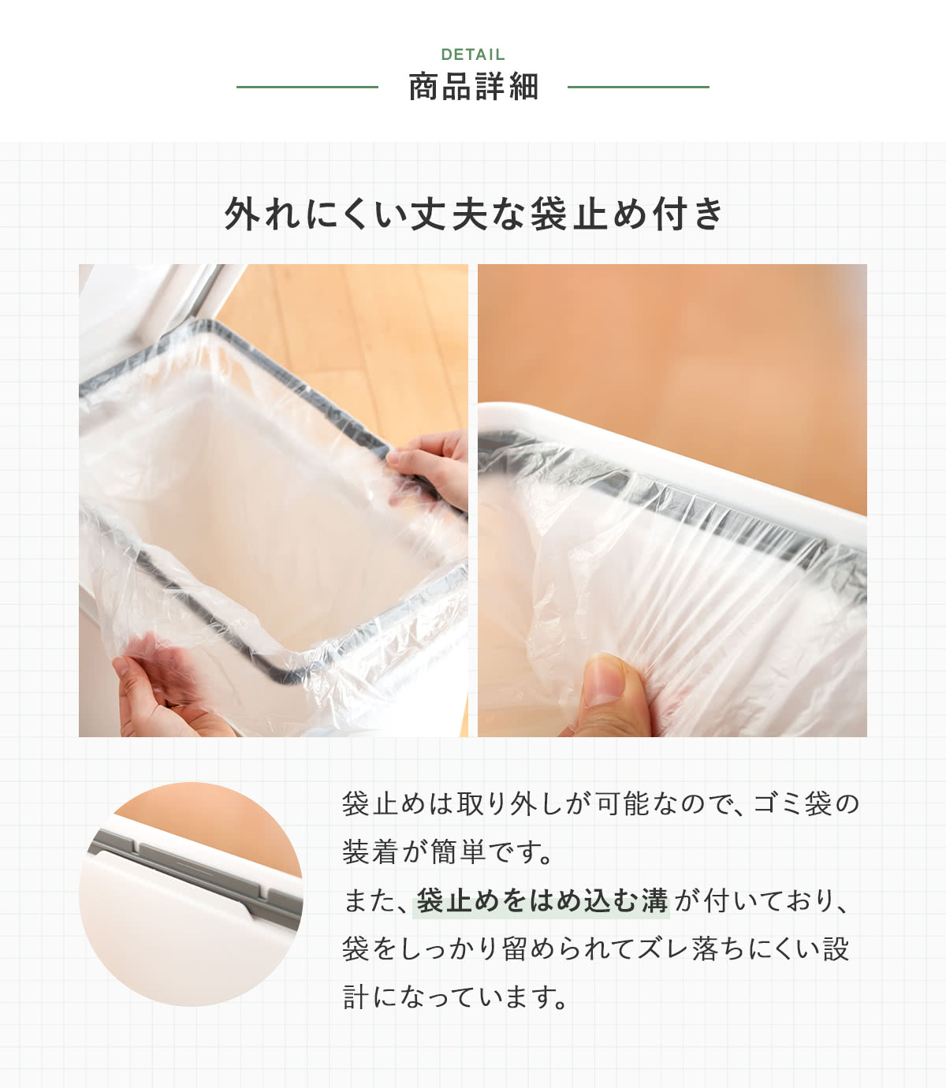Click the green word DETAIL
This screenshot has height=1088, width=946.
pos(473,54)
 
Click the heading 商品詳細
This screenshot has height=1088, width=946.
pos(473,87)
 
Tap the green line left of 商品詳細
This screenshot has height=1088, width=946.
pos(307,87)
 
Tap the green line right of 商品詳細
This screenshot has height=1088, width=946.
pos(638,87)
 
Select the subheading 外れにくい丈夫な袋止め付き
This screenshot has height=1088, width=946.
pos(473,214)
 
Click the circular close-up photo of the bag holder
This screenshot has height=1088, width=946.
pos(191,894)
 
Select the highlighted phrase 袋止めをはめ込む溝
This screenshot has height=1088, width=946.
pos(542,901)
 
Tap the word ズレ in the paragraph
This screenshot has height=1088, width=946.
pos(662,949)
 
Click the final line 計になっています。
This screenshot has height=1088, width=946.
pos(456,997)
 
